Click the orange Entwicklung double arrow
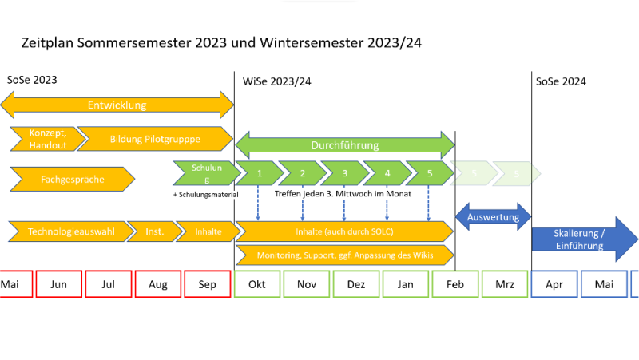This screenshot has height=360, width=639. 117,105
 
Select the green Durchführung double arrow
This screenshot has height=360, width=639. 344,145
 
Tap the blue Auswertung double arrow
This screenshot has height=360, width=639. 493,216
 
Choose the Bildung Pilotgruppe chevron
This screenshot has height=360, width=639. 154,138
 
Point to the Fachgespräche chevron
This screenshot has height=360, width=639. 72,180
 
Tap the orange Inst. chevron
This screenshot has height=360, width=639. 153,231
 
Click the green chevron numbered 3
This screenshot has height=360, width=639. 343,173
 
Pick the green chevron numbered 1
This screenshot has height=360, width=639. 259,173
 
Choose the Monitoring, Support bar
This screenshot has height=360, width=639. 343,255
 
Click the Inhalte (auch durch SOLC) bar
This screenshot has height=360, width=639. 343,231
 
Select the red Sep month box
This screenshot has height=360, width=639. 208,284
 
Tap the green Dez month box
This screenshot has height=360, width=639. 356,284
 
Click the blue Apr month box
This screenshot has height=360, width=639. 554,284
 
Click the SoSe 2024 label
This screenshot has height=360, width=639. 561,81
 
